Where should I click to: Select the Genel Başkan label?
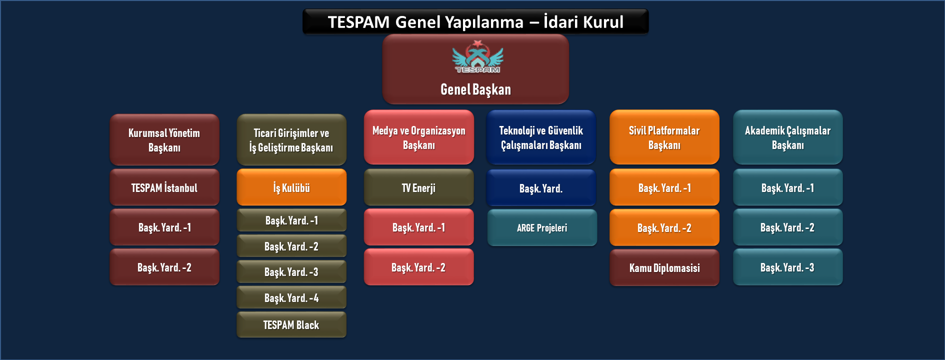[x=475, y=89]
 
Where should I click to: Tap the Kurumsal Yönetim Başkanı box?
[x=164, y=139]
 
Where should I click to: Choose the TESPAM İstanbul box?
[x=164, y=187]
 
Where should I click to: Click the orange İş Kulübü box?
[x=291, y=187]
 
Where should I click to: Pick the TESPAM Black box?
[x=291, y=324]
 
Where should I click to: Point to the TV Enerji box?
[x=418, y=187]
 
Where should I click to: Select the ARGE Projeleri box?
[x=542, y=227]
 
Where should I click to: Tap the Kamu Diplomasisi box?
[x=664, y=267]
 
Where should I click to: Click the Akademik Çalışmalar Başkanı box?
[x=788, y=137]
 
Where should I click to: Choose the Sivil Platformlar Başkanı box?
[x=664, y=137]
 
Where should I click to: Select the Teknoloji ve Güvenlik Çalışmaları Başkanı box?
[x=541, y=137]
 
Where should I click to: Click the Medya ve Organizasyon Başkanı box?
[x=418, y=137]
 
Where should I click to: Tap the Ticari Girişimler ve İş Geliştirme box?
[x=291, y=139]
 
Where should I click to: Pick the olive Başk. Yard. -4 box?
[x=291, y=297]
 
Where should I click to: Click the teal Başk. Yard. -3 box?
[x=788, y=267]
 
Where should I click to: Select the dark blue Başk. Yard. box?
[x=541, y=188]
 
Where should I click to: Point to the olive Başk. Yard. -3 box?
[x=291, y=271]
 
